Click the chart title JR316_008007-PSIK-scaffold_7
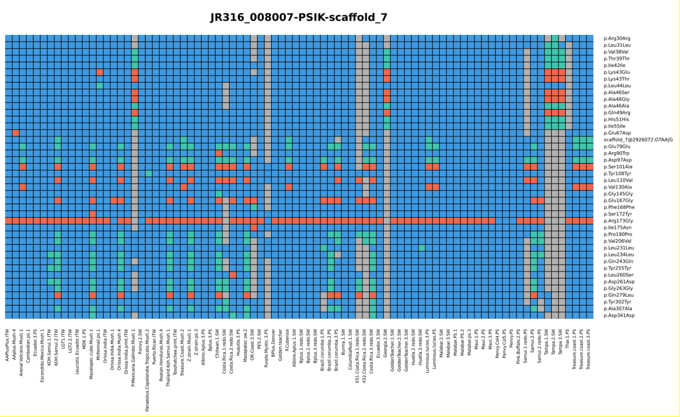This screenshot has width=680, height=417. (x=298, y=17)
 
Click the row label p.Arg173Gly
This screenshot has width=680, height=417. (x=618, y=221)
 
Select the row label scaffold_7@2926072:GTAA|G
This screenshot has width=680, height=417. (x=638, y=140)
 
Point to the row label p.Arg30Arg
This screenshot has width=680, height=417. (x=617, y=38)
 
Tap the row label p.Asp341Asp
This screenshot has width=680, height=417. (x=619, y=316)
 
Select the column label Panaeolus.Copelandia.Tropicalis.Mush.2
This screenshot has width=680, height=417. (x=147, y=370)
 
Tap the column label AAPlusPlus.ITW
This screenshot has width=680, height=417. (x=7, y=345)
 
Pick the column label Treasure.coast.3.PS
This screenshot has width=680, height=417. (x=588, y=349)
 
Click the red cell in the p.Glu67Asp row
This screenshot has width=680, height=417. (x=16, y=133)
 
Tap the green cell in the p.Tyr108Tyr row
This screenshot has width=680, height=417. (x=149, y=174)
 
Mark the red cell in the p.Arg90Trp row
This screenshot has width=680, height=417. (x=219, y=153)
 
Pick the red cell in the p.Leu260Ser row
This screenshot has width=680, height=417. (x=233, y=275)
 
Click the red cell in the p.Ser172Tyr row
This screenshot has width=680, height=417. (x=92, y=214)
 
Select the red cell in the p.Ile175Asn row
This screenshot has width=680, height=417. (x=254, y=228)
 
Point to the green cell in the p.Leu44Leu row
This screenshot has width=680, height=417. (x=99, y=86)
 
